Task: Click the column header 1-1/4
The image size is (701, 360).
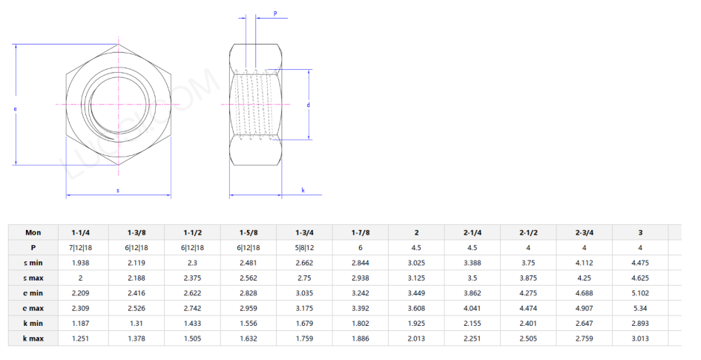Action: pyautogui.click(x=82, y=232)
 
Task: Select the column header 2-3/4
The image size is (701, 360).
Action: pyautogui.click(x=584, y=232)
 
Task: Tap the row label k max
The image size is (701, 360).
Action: pyautogui.click(x=33, y=338)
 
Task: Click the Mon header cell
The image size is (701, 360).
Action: pyautogui.click(x=33, y=232)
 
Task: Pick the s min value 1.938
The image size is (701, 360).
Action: pyautogui.click(x=82, y=262)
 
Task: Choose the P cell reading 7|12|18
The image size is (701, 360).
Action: pyautogui.click(x=82, y=247)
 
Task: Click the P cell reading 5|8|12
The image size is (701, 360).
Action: pyautogui.click(x=304, y=247)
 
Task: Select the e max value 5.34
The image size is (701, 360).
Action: pyautogui.click(x=639, y=307)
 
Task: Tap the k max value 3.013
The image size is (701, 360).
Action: pyautogui.click(x=639, y=338)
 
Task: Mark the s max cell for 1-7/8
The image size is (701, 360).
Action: pyautogui.click(x=360, y=277)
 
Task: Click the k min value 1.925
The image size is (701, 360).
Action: pyautogui.click(x=416, y=323)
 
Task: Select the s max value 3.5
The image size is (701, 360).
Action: pyautogui.click(x=472, y=277)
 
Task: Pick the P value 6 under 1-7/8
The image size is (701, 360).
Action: pyautogui.click(x=360, y=247)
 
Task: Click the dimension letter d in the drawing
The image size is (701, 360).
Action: pyautogui.click(x=308, y=105)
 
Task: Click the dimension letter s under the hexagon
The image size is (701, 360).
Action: pyautogui.click(x=118, y=191)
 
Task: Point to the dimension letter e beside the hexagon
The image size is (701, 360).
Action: pyautogui.click(x=16, y=109)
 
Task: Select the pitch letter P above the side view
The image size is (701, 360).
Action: pyautogui.click(x=275, y=13)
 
